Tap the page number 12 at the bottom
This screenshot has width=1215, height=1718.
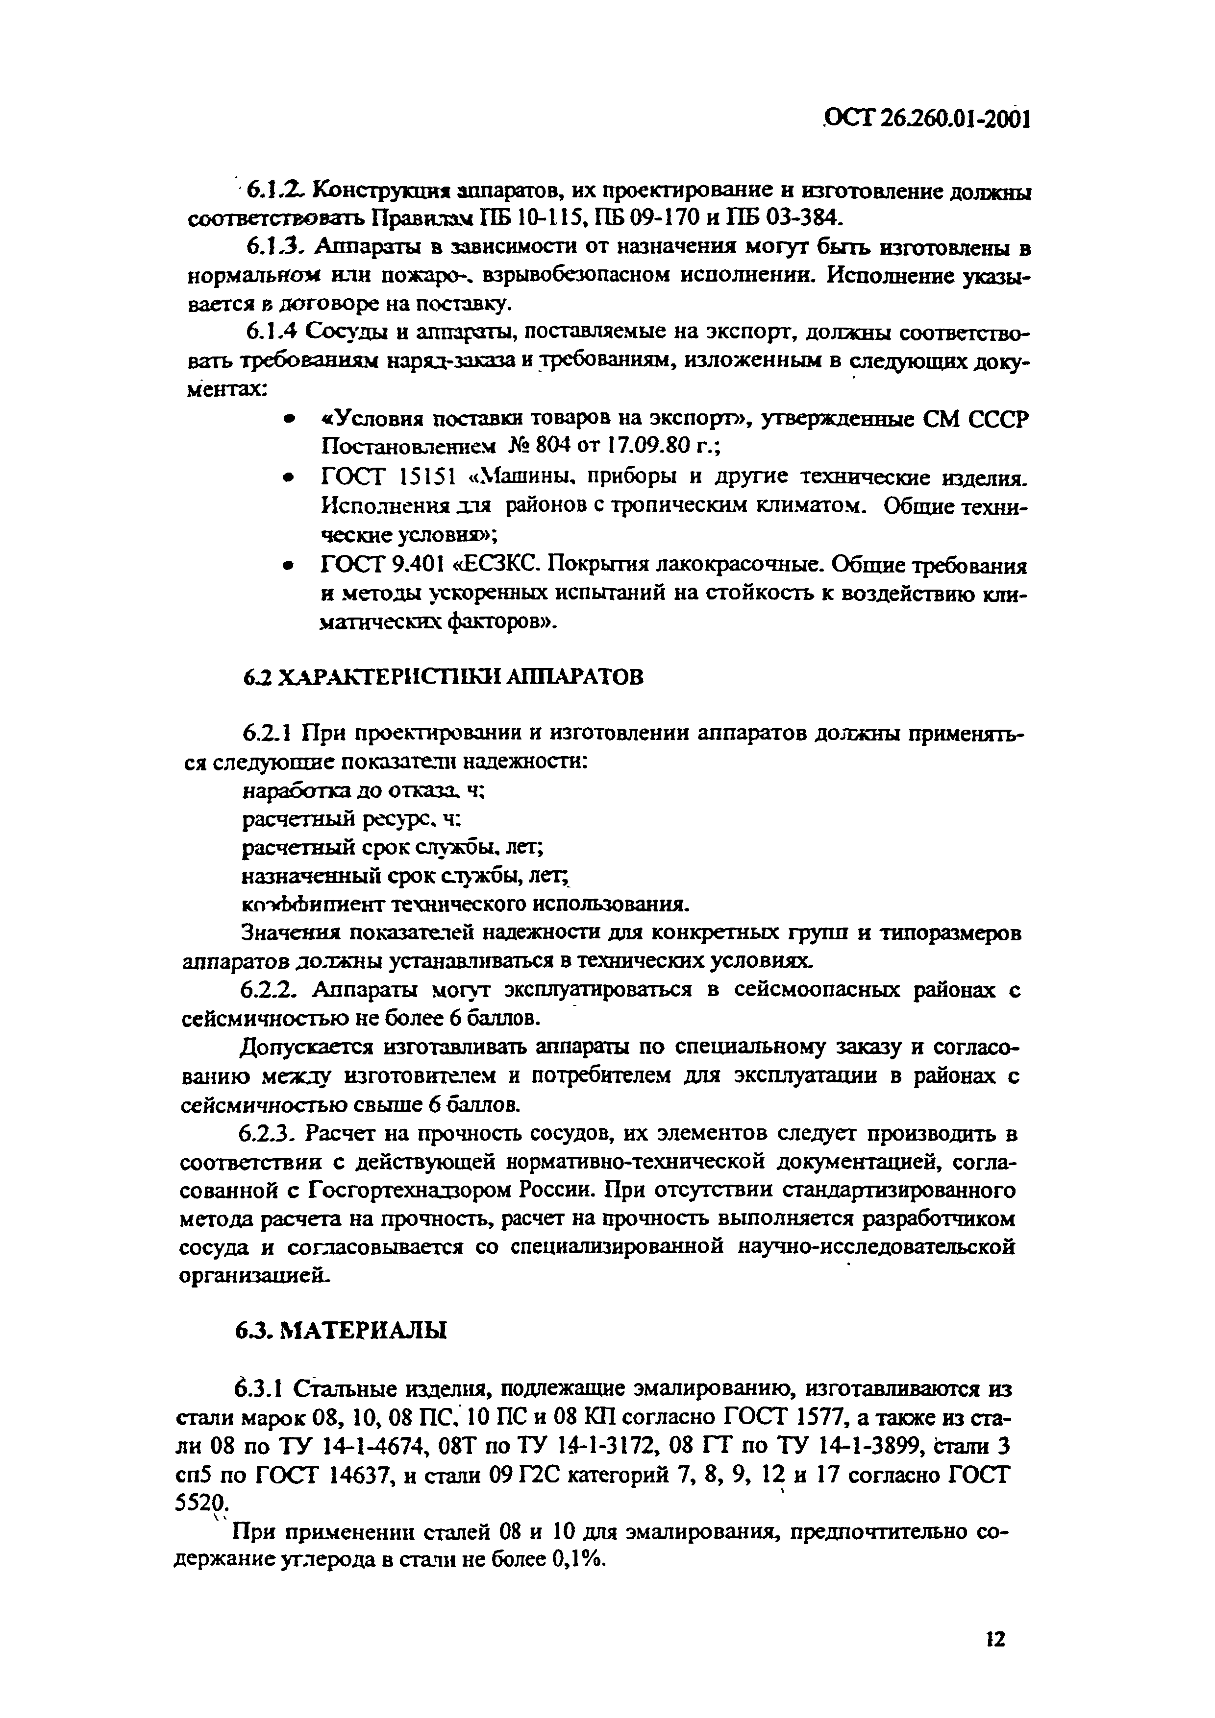pos(994,1618)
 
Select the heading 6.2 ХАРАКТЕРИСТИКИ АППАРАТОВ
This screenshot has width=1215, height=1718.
pos(443,677)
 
